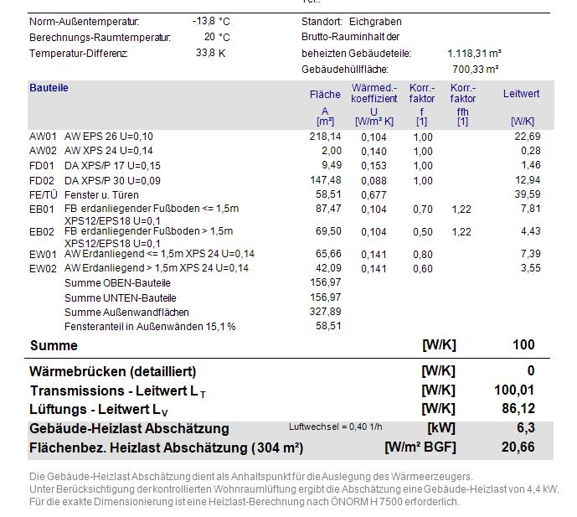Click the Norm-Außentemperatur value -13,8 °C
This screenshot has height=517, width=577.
point(210,21)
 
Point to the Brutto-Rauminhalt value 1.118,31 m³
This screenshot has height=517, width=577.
point(474,53)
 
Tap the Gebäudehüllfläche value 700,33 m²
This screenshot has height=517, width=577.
point(476,69)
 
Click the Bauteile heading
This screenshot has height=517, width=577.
point(49,88)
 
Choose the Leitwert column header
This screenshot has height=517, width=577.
point(521,94)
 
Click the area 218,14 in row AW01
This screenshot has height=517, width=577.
point(325,136)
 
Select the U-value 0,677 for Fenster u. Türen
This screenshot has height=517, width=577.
point(374,194)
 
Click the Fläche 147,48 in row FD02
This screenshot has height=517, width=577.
point(325,180)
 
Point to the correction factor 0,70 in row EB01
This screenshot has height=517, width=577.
point(422,209)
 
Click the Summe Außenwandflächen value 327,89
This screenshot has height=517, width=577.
point(325,312)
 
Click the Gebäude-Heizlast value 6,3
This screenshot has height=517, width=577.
point(525,428)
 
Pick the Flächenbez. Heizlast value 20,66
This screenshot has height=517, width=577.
point(518,447)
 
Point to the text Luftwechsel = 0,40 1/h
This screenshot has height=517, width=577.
point(335,427)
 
